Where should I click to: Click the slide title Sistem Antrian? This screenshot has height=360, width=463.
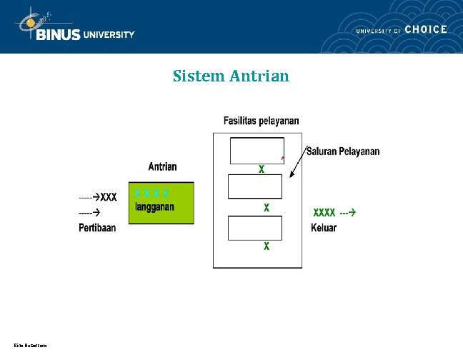tap(231, 76)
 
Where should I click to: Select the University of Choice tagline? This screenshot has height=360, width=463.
tap(402, 29)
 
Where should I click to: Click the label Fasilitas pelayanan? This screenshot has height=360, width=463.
tap(262, 121)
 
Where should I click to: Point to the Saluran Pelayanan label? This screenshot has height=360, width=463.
tap(343, 151)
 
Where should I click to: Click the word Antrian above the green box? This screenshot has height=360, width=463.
tap(163, 166)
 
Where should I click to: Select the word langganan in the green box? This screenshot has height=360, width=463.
tap(155, 207)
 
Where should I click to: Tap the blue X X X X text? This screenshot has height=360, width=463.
tap(152, 193)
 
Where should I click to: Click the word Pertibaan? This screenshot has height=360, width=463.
tap(97, 228)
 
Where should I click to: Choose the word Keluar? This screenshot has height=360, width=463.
tap(324, 228)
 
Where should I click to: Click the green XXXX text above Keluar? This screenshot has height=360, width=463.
tap(324, 212)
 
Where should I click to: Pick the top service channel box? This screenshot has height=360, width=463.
tap(257, 150)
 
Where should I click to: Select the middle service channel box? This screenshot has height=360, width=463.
tap(255, 186)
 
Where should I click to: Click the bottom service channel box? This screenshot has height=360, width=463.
tap(255, 228)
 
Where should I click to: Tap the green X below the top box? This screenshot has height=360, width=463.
tap(262, 170)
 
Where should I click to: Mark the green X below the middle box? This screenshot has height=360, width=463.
tap(266, 208)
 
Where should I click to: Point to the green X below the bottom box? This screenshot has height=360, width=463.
tap(266, 246)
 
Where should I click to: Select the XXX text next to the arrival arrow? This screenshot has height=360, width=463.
tap(109, 196)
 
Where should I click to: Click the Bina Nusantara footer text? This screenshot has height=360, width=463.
tap(30, 346)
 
